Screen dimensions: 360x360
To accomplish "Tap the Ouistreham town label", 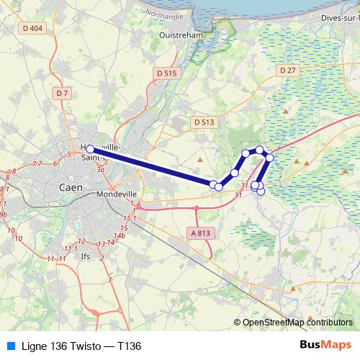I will point(178,34).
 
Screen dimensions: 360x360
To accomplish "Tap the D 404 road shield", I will point(33,28).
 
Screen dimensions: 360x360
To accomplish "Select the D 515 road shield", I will point(166,73).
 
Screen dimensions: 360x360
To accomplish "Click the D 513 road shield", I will point(204,122).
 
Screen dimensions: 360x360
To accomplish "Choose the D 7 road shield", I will point(62,93).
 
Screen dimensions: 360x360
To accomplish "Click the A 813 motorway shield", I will point(203,233).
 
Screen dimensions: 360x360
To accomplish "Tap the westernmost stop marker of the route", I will point(90,150).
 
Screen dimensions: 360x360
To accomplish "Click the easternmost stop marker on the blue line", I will point(270,157).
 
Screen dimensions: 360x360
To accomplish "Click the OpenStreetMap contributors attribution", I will point(297,323).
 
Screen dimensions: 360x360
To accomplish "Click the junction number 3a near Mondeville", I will point(102,171).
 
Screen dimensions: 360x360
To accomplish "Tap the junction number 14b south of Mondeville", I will point(120,235).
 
